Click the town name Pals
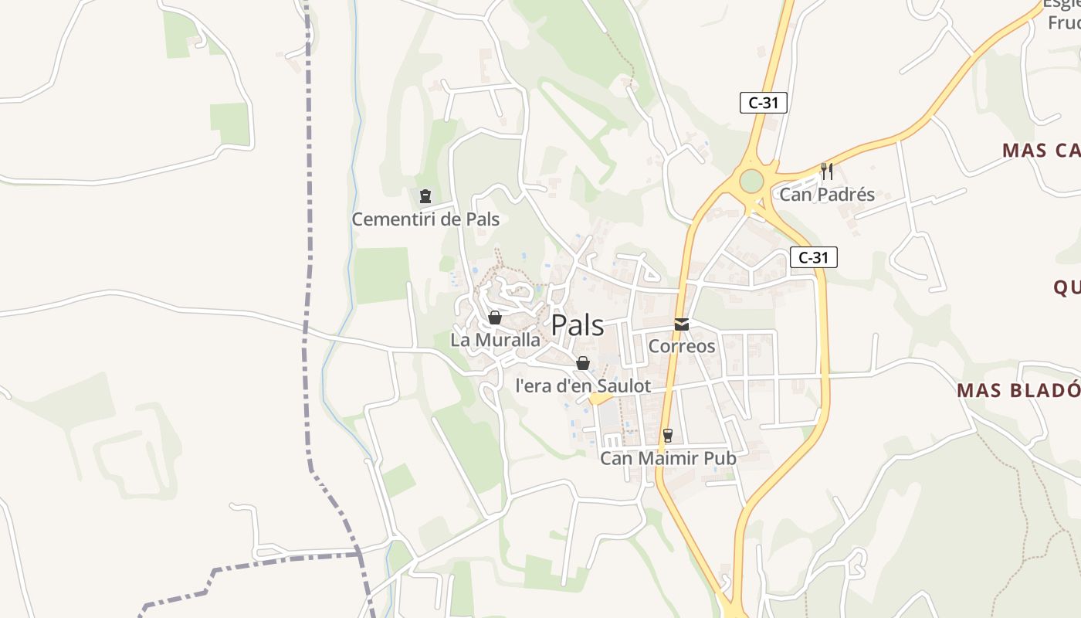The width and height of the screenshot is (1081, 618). coord(578,325)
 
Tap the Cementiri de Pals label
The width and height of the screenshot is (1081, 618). coord(425,219)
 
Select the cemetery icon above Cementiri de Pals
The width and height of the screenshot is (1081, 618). coord(425,196)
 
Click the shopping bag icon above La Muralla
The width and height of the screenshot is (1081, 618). coord(495,317)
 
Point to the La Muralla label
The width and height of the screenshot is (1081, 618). coord(495,340)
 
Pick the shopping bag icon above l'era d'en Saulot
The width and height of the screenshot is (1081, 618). coord(583,363)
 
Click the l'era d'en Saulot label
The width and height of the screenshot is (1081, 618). coord(583,385)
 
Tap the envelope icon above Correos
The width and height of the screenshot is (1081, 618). coord(682,324)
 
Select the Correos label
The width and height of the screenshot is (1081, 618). coord(682,346)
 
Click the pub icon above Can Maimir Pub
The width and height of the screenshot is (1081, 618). coord(668,436)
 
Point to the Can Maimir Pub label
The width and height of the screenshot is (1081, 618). coord(668,458)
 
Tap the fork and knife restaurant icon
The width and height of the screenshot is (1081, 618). coord(827,171)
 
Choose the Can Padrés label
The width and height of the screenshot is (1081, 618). coord(827,194)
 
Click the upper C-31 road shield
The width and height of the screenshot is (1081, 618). coord(763,103)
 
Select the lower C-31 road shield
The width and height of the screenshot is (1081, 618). coord(813,257)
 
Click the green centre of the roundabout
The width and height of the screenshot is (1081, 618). coord(751,181)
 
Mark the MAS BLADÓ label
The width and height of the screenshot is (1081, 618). coord(1018,390)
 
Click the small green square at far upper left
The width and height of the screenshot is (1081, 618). coord(178,35)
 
